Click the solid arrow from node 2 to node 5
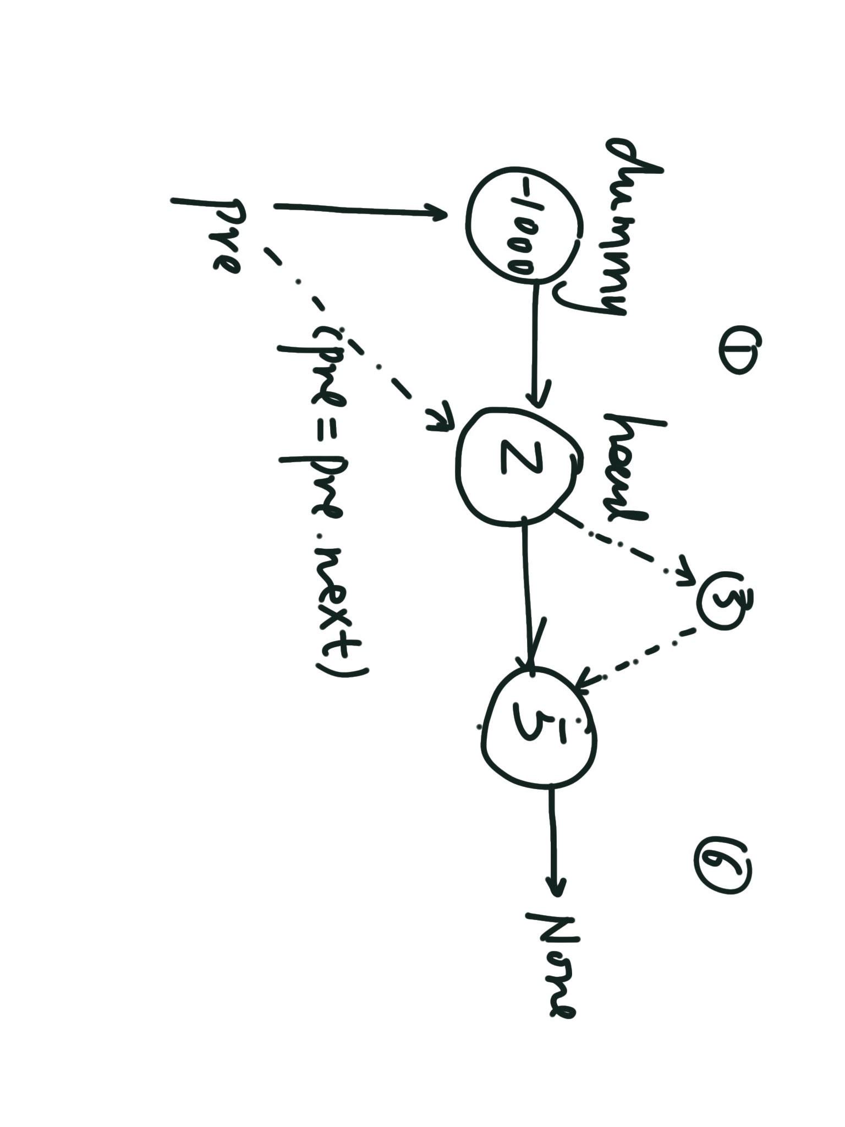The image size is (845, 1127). [529, 594]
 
